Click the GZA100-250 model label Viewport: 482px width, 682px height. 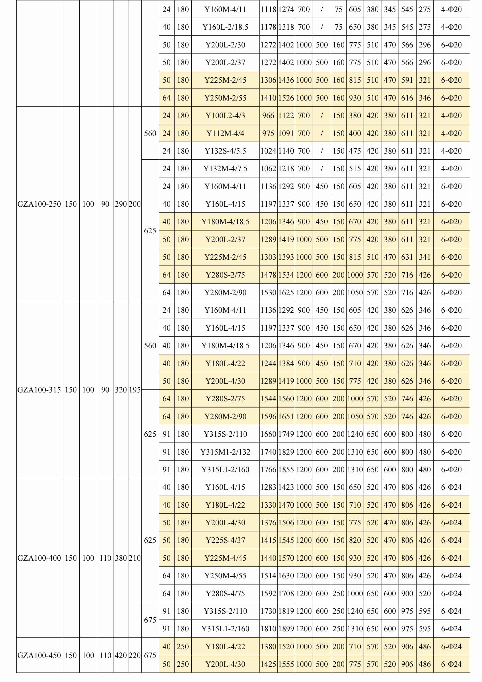pos(39,204)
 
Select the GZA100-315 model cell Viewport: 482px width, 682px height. pos(39,390)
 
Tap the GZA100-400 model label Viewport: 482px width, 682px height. pos(39,558)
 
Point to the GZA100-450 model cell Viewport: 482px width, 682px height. pos(39,655)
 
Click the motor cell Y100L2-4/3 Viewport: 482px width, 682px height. pos(225,115)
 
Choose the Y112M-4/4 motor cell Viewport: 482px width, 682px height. pos(225,133)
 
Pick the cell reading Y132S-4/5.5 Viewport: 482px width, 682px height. pos(225,151)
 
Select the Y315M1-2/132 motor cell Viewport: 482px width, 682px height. pos(225,452)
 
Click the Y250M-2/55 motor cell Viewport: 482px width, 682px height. pos(225,98)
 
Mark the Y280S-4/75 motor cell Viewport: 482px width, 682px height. pos(225,593)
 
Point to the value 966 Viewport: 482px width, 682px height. pos(268,115)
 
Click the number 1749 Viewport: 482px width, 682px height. pos(286,434)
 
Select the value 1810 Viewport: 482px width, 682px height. pos(268,628)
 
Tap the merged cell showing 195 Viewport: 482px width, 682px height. pos(135,390)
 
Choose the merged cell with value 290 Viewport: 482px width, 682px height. pos(120,204)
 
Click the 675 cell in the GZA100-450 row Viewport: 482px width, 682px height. pos(150,655)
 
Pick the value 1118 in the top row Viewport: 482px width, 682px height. pos(268,10)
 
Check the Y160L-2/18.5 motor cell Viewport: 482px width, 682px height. pos(225,27)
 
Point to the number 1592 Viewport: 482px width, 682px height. pos(268,593)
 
